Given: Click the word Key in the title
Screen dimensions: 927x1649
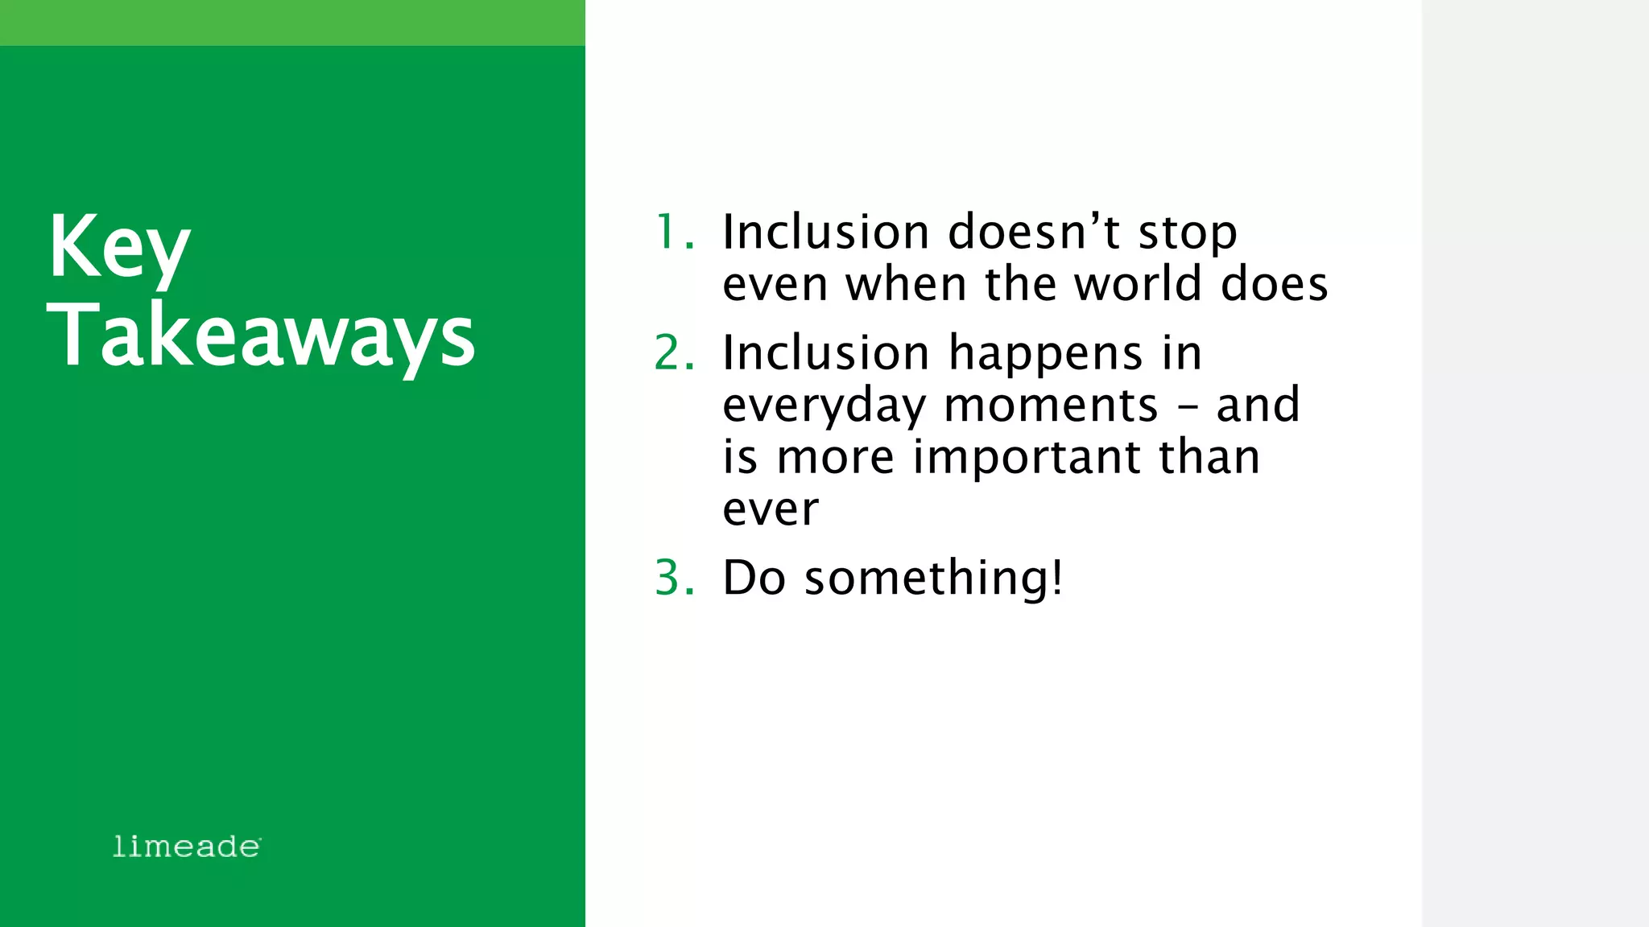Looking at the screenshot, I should (119, 247).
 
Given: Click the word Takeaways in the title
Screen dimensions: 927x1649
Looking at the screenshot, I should (262, 336).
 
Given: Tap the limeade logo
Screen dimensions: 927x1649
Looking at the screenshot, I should (186, 847).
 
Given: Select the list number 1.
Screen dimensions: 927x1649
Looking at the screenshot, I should (673, 233).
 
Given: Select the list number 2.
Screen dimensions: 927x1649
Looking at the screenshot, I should (673, 353).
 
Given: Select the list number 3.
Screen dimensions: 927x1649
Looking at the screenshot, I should (673, 578).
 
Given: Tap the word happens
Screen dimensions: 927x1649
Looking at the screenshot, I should (1045, 355).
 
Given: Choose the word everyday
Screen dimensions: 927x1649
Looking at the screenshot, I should (823, 406).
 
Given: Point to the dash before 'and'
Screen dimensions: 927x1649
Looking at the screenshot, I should (1187, 406).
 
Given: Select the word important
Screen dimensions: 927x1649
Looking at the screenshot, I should (1026, 459).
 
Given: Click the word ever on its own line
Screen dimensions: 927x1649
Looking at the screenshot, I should (770, 510).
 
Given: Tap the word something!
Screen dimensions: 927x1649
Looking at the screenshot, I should (934, 578).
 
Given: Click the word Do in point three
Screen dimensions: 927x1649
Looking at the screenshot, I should (754, 578).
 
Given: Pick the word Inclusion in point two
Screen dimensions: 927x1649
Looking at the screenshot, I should (825, 353).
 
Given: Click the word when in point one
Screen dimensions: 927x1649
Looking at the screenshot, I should (905, 284).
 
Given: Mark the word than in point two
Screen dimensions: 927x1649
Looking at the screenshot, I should (1209, 457).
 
